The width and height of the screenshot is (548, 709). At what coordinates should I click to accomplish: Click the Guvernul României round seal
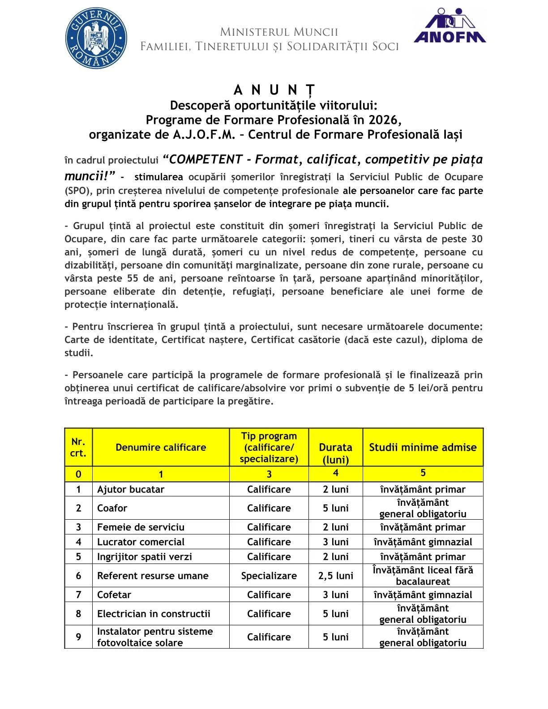click(x=96, y=38)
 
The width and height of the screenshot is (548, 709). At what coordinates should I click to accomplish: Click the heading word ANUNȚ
click(x=274, y=90)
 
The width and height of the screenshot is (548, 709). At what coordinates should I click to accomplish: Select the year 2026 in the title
click(x=385, y=120)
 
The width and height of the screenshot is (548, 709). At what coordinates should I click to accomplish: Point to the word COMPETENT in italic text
click(x=206, y=160)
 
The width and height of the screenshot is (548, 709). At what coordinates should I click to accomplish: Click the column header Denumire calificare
click(x=161, y=447)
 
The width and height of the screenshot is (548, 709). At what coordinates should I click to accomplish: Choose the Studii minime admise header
click(x=423, y=447)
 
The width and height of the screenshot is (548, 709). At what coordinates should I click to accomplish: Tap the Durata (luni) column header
click(x=335, y=453)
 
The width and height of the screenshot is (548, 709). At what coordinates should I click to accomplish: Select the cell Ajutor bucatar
click(x=131, y=489)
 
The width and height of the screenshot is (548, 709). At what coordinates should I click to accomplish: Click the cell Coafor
click(x=112, y=508)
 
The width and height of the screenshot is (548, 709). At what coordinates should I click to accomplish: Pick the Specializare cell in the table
click(x=269, y=576)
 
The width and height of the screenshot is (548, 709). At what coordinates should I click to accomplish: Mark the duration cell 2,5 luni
click(x=335, y=576)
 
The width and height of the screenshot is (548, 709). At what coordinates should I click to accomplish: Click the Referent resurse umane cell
click(x=153, y=576)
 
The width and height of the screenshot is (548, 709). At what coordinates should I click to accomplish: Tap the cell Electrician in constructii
click(x=154, y=614)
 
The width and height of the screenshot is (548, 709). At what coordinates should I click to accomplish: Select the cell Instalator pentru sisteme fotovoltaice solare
click(x=155, y=637)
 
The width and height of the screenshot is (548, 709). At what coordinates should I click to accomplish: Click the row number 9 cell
click(x=78, y=637)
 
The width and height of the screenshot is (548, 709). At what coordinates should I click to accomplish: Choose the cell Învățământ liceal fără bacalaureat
click(x=423, y=576)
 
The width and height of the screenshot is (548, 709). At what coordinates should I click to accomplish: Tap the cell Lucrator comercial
click(x=141, y=542)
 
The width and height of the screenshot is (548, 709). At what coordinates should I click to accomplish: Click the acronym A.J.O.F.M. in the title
click(x=204, y=135)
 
